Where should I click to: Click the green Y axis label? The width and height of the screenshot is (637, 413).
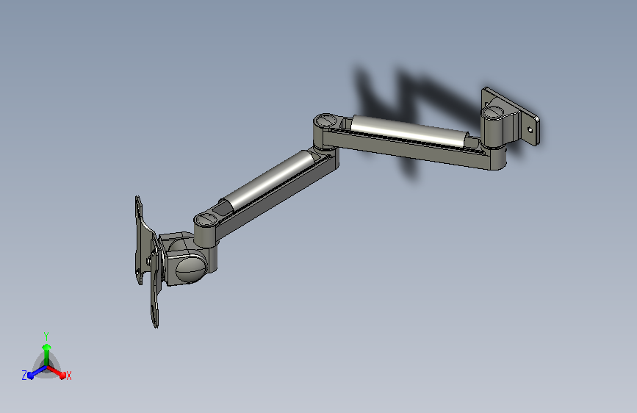pos(46,337)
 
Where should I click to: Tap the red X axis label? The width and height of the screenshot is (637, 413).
pos(68,376)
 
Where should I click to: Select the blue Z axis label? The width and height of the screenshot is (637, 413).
pos(24,376)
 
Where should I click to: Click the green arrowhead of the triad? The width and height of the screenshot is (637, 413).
pos(46,347)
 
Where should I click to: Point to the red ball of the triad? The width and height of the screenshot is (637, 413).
pos(62,376)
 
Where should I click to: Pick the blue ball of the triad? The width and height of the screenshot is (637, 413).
pos(30,376)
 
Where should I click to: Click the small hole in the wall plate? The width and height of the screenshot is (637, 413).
pos(530,129)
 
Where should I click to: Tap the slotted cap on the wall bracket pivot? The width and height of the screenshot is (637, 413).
pos(493,111)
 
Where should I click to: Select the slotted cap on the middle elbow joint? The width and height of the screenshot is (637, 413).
pos(326,121)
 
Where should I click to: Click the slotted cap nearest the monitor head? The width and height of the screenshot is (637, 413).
pos(206,220)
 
